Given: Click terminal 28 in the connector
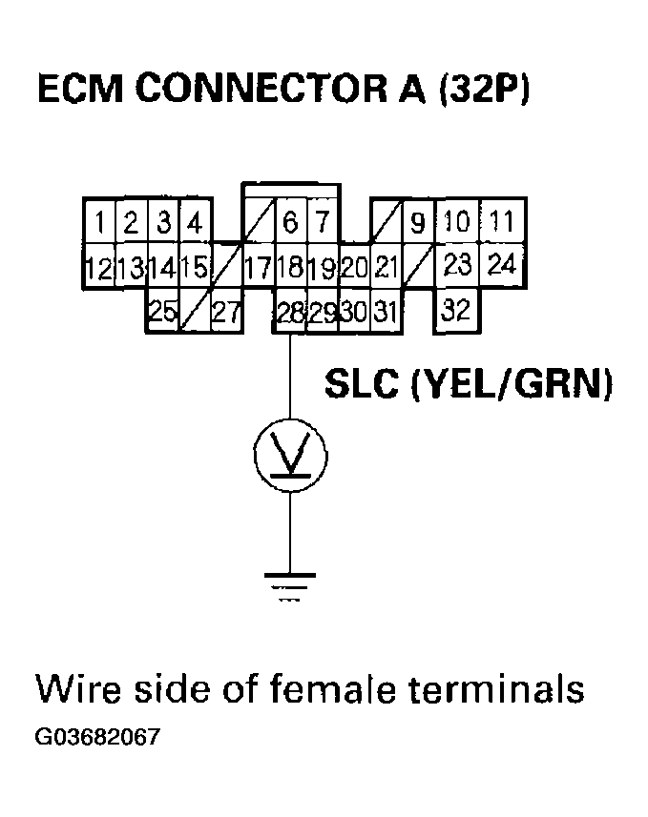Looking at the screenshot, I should pos(290,312).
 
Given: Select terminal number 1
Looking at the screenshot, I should pos(100,223).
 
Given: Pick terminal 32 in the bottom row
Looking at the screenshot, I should pos(458,311).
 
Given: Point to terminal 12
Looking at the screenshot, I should pos(98,268).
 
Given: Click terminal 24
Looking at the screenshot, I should pos(502,264).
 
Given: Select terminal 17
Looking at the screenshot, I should pos(258,268).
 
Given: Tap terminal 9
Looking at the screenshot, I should pos(417,224).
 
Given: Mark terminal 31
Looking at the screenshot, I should pos(385,312).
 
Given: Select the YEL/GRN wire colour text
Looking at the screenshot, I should pos(512,386).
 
